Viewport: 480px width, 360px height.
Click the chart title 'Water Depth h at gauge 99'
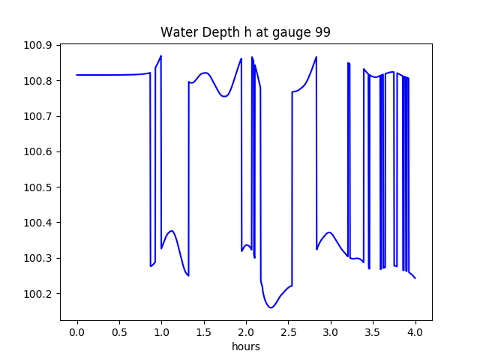(245, 32)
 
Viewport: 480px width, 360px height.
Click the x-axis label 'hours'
(245, 346)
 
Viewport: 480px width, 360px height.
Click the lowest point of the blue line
(271, 307)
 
